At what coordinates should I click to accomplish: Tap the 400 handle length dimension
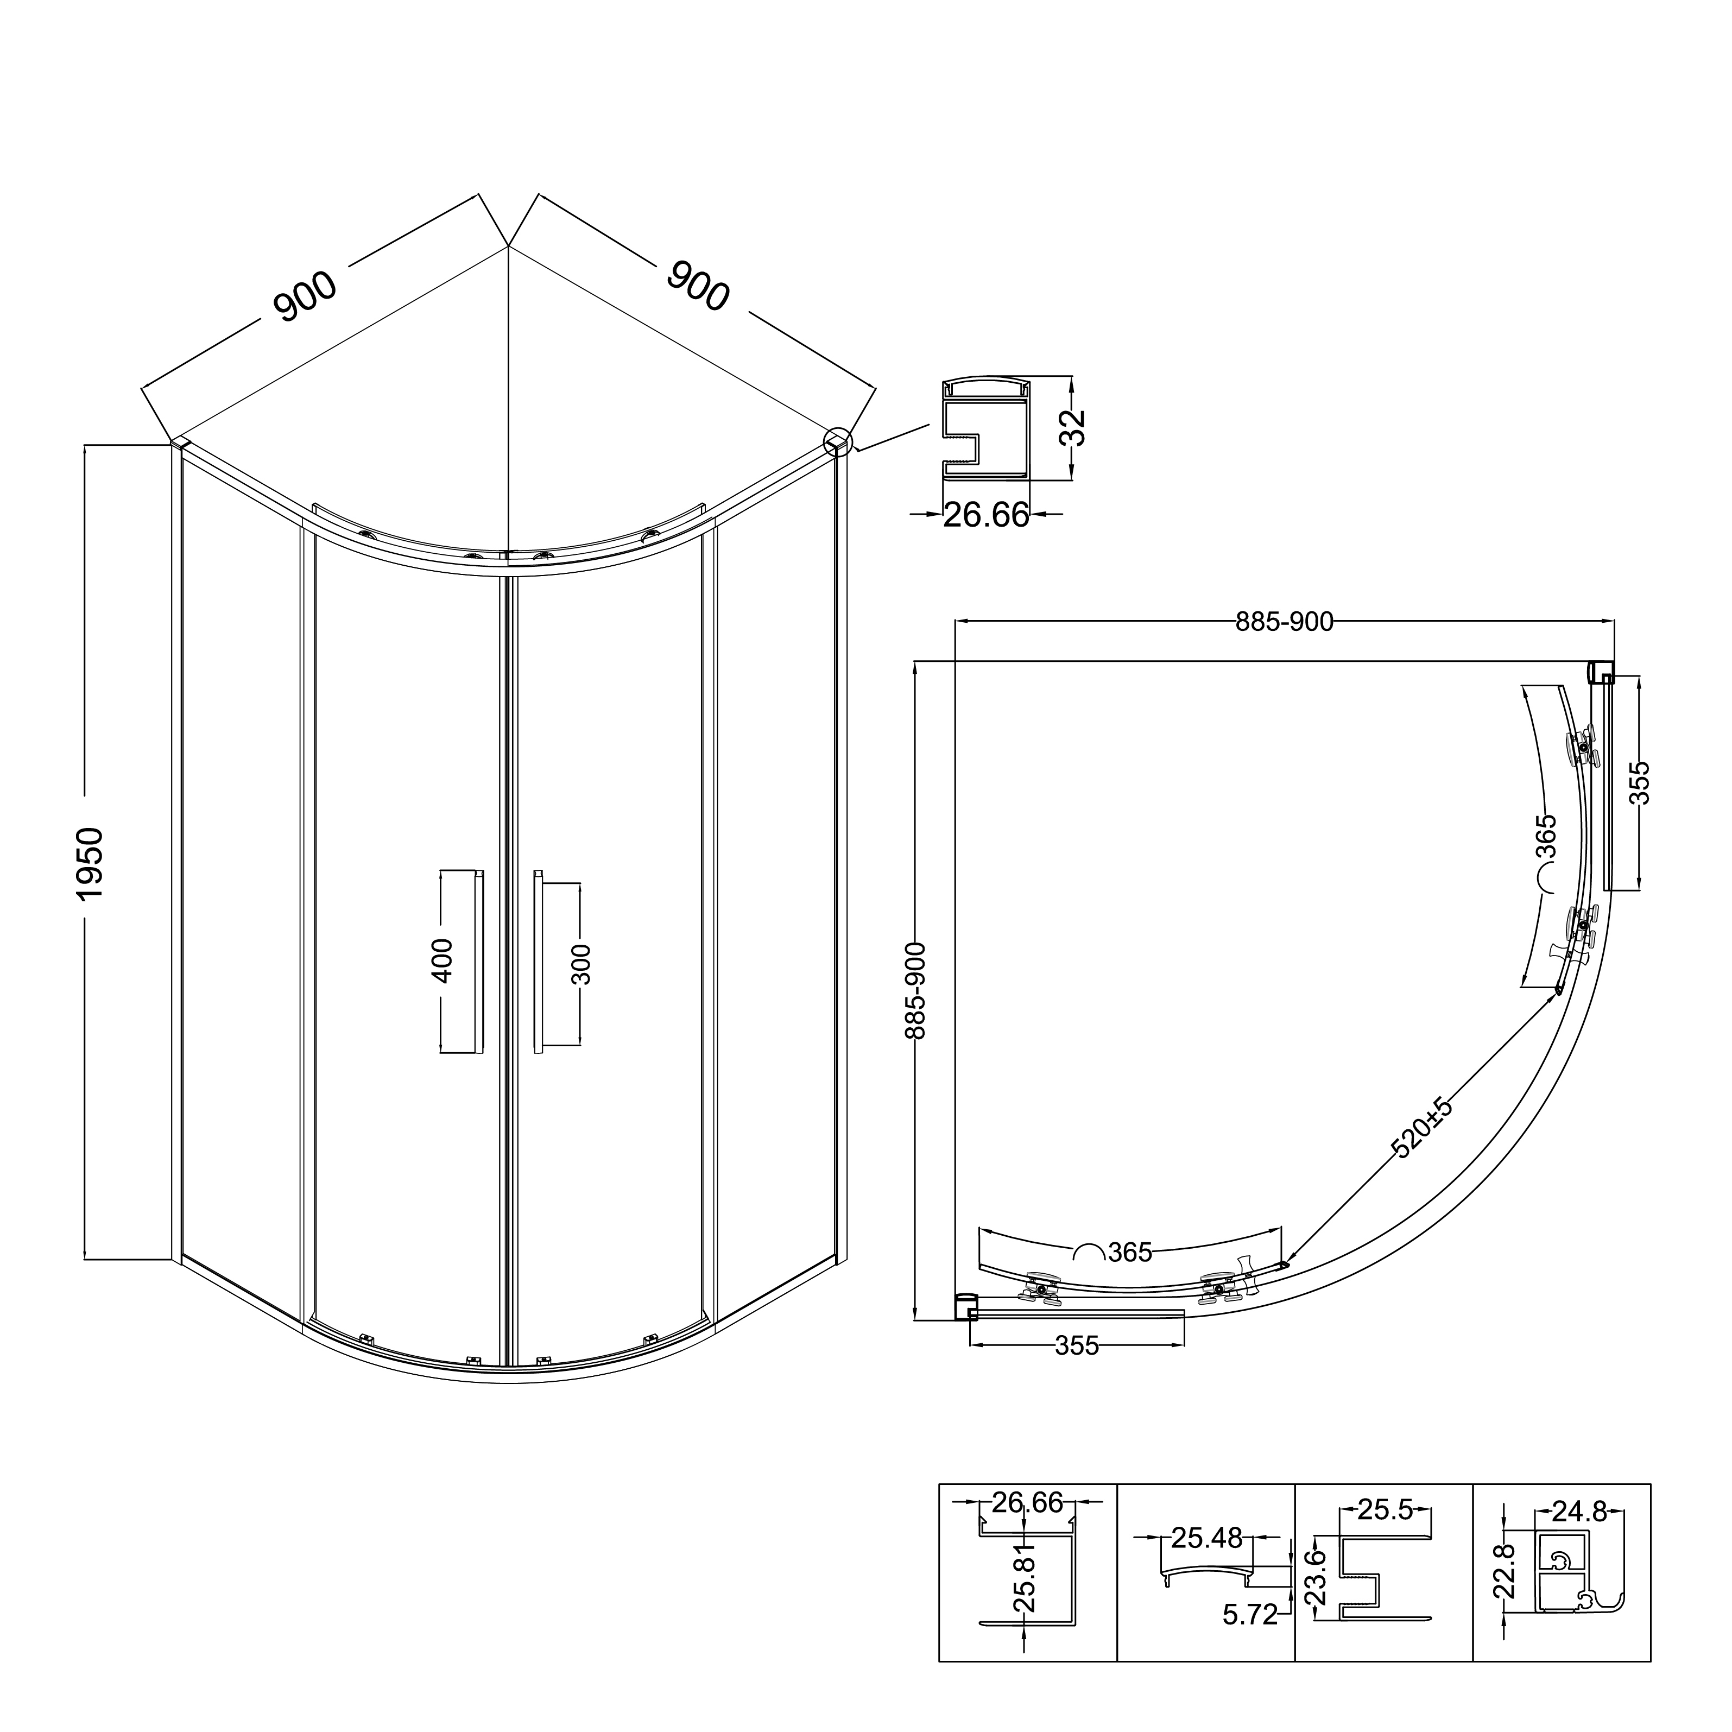pyautogui.click(x=443, y=960)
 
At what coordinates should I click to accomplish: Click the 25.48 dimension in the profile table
pyautogui.click(x=1206, y=1538)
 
